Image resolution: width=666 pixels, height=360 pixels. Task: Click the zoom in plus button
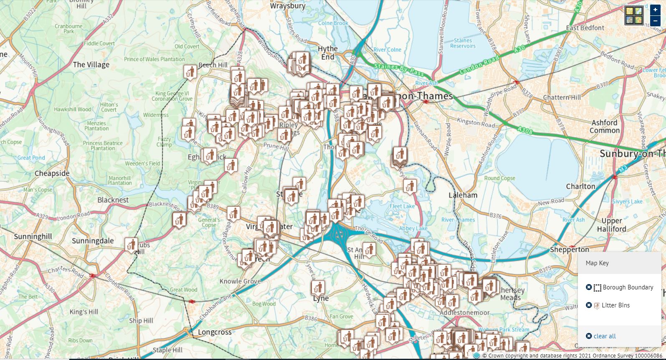point(655,10)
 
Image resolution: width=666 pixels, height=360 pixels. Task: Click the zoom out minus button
point(655,21)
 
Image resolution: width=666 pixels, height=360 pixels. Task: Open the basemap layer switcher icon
point(634,16)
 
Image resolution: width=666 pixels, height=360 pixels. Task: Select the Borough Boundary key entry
point(628,287)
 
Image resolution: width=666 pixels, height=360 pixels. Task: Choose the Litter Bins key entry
point(615,305)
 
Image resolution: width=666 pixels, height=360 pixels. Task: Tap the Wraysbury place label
point(288,6)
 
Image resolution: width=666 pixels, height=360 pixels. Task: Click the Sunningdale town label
point(93,241)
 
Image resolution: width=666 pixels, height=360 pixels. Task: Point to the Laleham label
point(463,195)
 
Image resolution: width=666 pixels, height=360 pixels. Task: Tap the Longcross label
point(215,332)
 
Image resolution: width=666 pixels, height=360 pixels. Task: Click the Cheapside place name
point(52,173)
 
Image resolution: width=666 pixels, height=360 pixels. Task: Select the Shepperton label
point(569,249)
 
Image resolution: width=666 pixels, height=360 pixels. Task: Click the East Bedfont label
point(585,28)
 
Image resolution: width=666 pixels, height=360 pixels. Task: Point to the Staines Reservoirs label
point(463,43)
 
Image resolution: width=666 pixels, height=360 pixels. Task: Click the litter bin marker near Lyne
point(318,287)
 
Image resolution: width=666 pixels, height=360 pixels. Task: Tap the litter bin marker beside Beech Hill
point(190,71)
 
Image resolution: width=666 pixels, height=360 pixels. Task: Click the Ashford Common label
point(604,127)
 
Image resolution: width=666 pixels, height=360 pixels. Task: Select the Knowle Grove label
point(240,281)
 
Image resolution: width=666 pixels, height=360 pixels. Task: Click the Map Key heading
point(597,263)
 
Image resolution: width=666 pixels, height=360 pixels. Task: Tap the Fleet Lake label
point(402,206)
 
